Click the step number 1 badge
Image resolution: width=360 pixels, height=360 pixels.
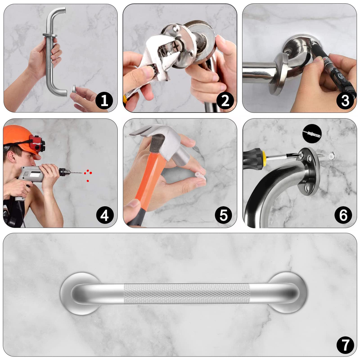pos(104,100)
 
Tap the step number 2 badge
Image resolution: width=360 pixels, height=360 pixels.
pos(225,100)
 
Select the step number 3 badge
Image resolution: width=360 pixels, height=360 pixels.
pos(345,100)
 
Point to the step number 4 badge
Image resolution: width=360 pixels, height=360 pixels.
pos(105,215)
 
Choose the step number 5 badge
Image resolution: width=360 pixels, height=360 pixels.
pos(223,215)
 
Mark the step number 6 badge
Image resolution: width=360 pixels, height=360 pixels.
pos(343,215)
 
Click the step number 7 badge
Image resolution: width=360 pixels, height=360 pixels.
pos(345,345)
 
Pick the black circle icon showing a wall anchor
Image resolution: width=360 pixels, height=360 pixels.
pos(312,133)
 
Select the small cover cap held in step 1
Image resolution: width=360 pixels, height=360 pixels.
pos(74,88)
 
